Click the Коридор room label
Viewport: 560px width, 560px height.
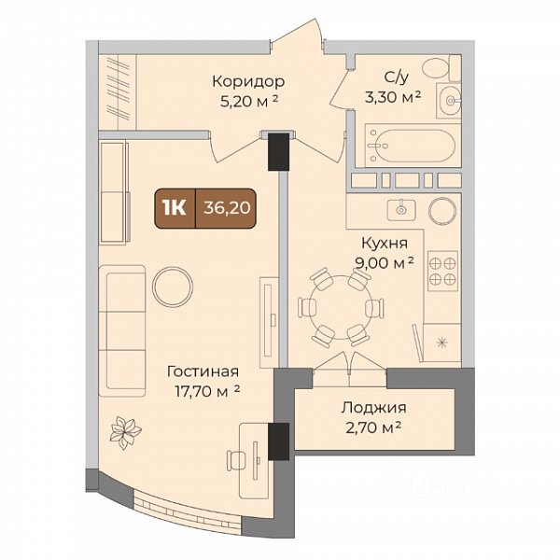[x=248, y=82]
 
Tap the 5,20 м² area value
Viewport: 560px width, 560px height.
[x=249, y=102]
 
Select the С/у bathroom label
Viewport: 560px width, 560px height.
[x=396, y=77]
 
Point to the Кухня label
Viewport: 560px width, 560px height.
[x=385, y=244]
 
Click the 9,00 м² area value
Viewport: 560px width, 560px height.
[x=385, y=263]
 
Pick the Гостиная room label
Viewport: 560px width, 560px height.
[x=203, y=371]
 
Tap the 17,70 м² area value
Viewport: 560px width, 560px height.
[x=207, y=391]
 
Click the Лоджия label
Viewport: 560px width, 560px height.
[x=373, y=408]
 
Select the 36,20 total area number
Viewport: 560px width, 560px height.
[x=227, y=207]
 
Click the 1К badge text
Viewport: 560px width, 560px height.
[x=175, y=208]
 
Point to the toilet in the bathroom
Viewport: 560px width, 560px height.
[x=441, y=67]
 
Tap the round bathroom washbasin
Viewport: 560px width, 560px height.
[x=449, y=101]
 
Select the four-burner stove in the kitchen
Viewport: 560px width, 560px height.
[x=442, y=271]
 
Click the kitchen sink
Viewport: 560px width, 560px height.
[x=401, y=210]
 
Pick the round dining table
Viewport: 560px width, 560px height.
[x=341, y=307]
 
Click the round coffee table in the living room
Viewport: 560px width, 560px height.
[x=173, y=287]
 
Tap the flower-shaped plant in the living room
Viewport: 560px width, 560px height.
[x=125, y=432]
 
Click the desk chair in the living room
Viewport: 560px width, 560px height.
[x=236, y=461]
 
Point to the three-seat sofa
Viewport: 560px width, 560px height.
[x=122, y=330]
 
